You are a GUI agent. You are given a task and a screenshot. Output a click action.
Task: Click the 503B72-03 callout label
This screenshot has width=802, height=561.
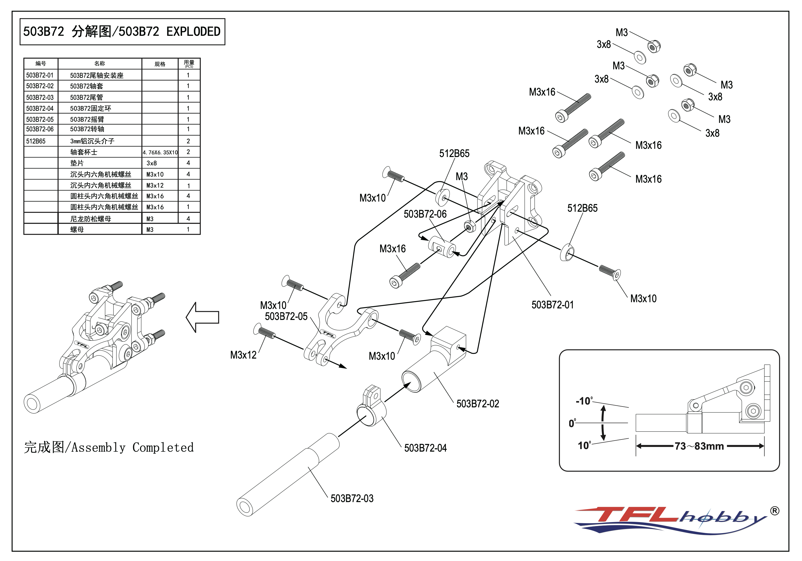pyautogui.click(x=352, y=498)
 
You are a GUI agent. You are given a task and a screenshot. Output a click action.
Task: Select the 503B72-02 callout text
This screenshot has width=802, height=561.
pyautogui.click(x=477, y=404)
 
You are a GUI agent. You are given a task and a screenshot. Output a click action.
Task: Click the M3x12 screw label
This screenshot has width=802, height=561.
pyautogui.click(x=243, y=355)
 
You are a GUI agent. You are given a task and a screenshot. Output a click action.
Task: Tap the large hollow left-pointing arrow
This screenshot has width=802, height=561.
pyautogui.click(x=203, y=317)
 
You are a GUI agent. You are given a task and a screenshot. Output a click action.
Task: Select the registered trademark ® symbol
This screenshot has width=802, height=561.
pyautogui.click(x=774, y=511)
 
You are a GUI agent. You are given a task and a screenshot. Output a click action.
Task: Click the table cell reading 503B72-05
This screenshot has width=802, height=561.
pyautogui.click(x=40, y=119)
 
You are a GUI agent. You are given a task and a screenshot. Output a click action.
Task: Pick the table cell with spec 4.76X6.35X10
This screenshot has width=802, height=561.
pyautogui.click(x=160, y=153)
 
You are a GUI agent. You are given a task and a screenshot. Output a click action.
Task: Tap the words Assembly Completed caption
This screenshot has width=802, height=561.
pyautogui.click(x=132, y=447)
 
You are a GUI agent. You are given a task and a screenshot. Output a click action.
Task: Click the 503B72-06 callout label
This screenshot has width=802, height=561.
pyautogui.click(x=425, y=214)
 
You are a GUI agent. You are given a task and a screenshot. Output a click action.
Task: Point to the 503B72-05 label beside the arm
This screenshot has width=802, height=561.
pyautogui.click(x=286, y=316)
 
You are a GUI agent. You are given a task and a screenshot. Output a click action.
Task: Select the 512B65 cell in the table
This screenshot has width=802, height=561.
pyautogui.click(x=36, y=141)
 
